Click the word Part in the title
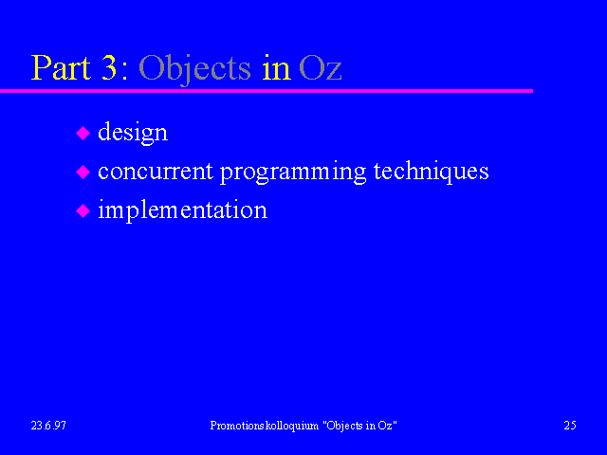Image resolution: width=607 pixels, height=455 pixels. coord(61,67)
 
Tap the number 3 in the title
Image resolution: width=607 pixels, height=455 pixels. coord(109,67)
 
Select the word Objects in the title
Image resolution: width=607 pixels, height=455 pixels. coord(194,69)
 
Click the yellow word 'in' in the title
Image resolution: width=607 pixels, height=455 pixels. coord(276,68)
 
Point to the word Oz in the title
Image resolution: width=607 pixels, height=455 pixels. coord(321,68)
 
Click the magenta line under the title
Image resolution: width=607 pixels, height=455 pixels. coord(267,91)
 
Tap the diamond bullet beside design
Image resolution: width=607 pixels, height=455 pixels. coord(83,133)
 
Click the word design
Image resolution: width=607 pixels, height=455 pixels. coord(133,133)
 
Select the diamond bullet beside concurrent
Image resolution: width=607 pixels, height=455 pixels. coord(83,172)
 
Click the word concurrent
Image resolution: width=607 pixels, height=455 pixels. coord(156,171)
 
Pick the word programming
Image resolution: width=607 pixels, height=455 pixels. coord(293,173)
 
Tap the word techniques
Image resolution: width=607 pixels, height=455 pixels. coord(431,172)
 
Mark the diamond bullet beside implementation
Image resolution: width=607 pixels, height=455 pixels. coord(83,211)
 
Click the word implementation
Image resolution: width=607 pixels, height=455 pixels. coord(182,210)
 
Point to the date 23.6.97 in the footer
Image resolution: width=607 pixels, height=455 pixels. coord(48,426)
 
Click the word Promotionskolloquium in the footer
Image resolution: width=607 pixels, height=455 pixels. coord(265,426)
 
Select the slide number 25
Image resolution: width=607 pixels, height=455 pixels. coord(570,426)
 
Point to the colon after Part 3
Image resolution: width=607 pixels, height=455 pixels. coord(124,72)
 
